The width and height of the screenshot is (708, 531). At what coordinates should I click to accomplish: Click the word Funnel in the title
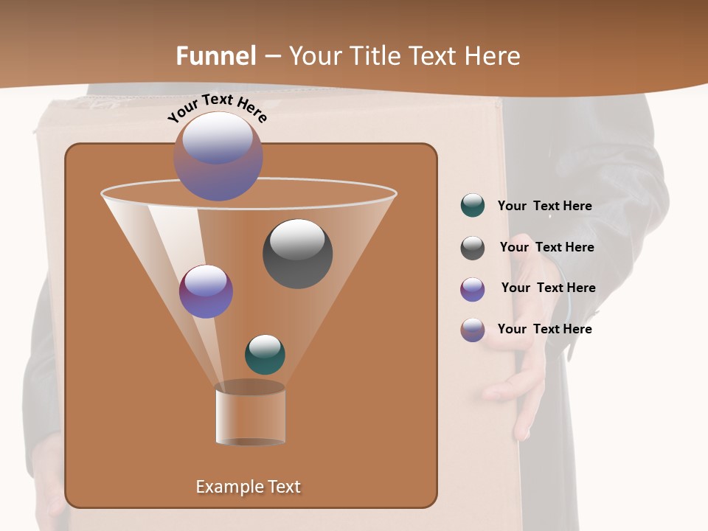pos(215,56)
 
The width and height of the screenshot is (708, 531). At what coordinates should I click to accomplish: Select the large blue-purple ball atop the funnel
pos(218,156)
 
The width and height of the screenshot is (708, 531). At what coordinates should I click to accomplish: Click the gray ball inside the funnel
pos(297,253)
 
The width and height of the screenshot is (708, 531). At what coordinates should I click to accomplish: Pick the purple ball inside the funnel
pos(206,291)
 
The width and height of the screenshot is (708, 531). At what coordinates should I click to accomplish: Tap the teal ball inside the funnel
pos(265,354)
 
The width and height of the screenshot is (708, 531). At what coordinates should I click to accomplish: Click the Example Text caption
pos(248,487)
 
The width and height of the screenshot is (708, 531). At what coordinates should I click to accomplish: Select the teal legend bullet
pos(473,206)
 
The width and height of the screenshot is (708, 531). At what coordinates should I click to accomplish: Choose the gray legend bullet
pos(473,248)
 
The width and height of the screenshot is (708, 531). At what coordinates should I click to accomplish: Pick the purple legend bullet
pos(473,289)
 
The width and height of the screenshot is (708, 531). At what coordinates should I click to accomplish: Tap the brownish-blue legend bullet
pos(473,330)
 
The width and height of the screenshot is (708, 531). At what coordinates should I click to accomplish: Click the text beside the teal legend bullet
pos(544,206)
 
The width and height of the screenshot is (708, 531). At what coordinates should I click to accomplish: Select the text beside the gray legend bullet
pos(546,248)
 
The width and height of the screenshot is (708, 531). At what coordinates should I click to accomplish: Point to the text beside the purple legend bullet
pos(548,288)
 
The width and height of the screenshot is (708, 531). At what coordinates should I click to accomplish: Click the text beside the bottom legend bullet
pos(544,329)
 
